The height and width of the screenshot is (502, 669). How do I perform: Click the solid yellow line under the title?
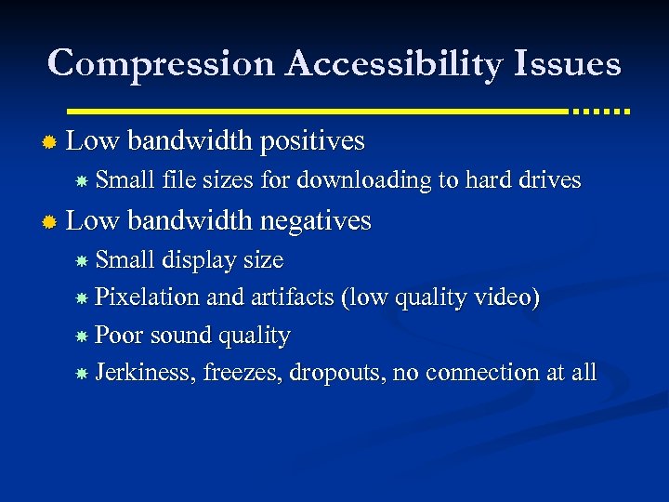[316, 110]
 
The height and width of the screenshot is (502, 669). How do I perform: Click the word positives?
[312, 141]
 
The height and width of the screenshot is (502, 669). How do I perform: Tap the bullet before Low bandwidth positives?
[50, 142]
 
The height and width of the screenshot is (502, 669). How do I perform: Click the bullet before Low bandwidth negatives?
[50, 221]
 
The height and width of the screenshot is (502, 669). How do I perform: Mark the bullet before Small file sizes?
[82, 181]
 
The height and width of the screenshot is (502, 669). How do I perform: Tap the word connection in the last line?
[479, 372]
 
